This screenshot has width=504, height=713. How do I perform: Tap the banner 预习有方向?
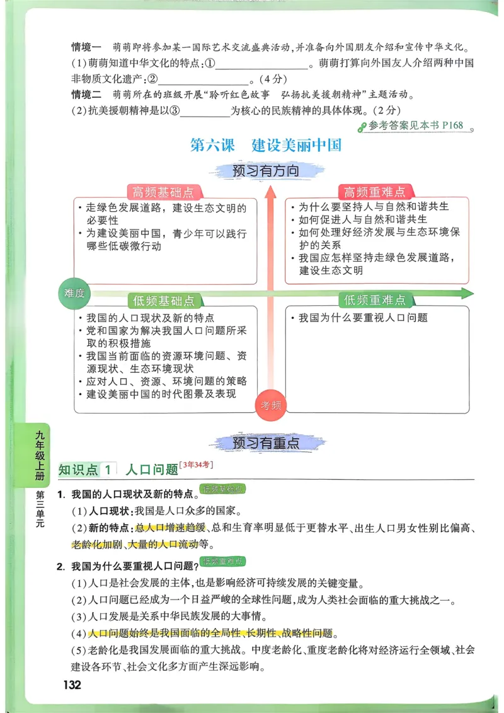[x=265, y=171]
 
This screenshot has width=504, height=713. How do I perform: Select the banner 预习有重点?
[x=265, y=443]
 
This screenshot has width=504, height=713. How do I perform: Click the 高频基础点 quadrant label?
[x=163, y=192]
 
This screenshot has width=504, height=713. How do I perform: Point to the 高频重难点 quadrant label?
[x=374, y=192]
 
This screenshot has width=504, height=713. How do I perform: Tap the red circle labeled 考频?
[x=271, y=405]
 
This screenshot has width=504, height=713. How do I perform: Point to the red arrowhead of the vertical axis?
[x=271, y=192]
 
